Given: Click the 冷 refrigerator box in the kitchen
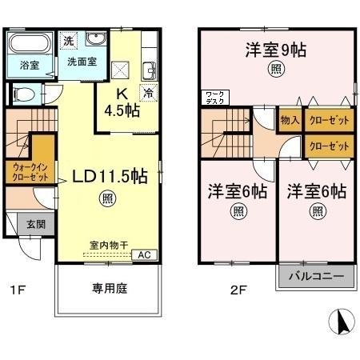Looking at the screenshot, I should (x=148, y=92).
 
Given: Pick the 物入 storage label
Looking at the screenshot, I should (x=290, y=120).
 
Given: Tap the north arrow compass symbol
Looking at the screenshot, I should (x=341, y=322).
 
